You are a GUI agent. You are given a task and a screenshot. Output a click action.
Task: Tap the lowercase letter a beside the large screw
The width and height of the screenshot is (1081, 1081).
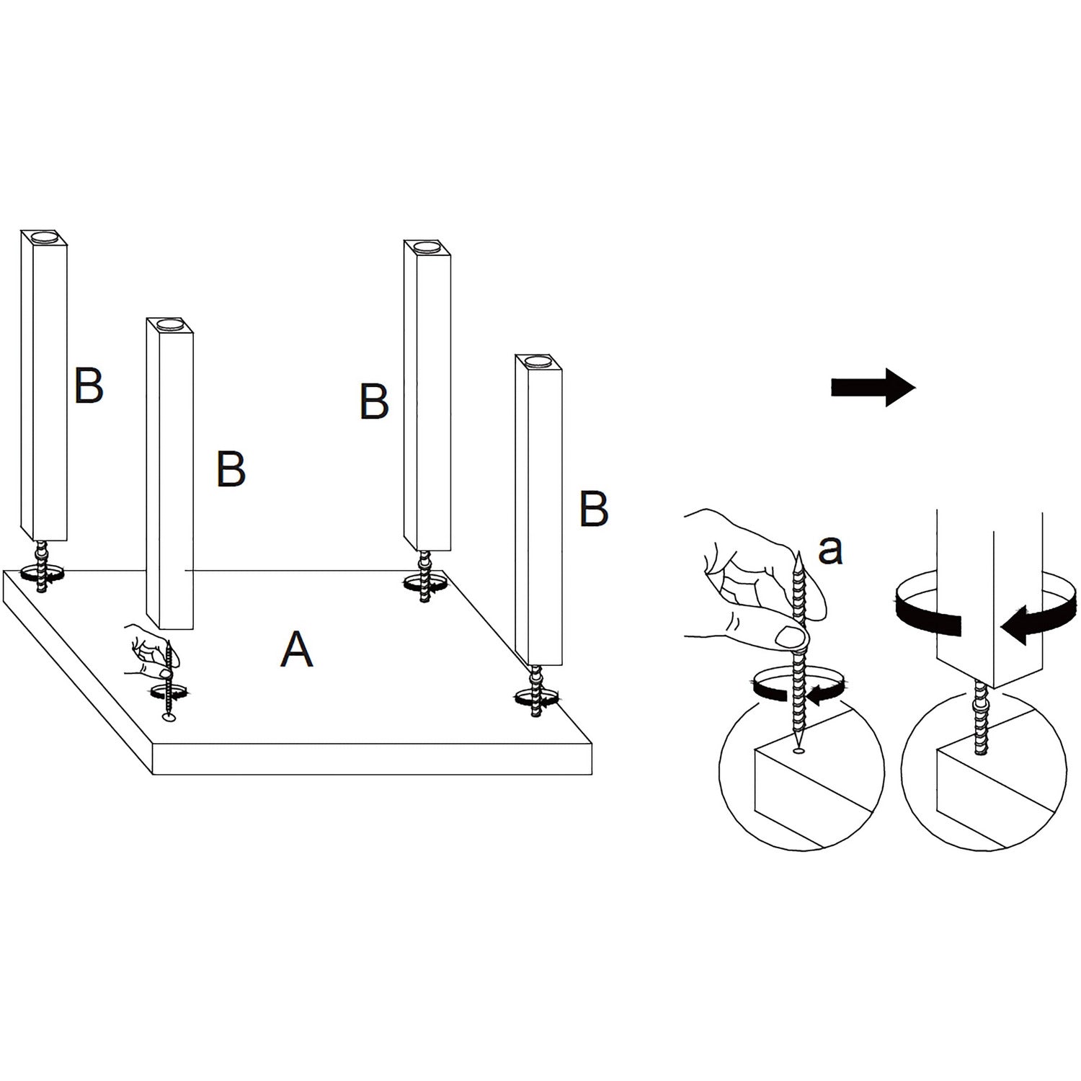pyautogui.click(x=831, y=550)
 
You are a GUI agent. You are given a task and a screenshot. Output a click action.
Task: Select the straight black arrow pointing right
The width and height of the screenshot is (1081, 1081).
pyautogui.click(x=873, y=388)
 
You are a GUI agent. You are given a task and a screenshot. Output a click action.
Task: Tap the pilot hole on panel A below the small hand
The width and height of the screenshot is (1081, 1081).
pyautogui.click(x=169, y=719)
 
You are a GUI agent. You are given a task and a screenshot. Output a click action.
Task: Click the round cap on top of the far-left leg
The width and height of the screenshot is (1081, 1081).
pyautogui.click(x=43, y=236)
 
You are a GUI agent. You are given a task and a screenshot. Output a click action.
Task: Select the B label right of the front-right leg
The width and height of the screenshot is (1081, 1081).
pyautogui.click(x=594, y=509)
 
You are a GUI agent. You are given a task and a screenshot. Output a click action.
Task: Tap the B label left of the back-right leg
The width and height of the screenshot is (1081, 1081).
pyautogui.click(x=374, y=401)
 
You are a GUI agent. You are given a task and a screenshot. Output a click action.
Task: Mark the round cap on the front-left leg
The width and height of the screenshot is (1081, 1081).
pyautogui.click(x=170, y=324)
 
